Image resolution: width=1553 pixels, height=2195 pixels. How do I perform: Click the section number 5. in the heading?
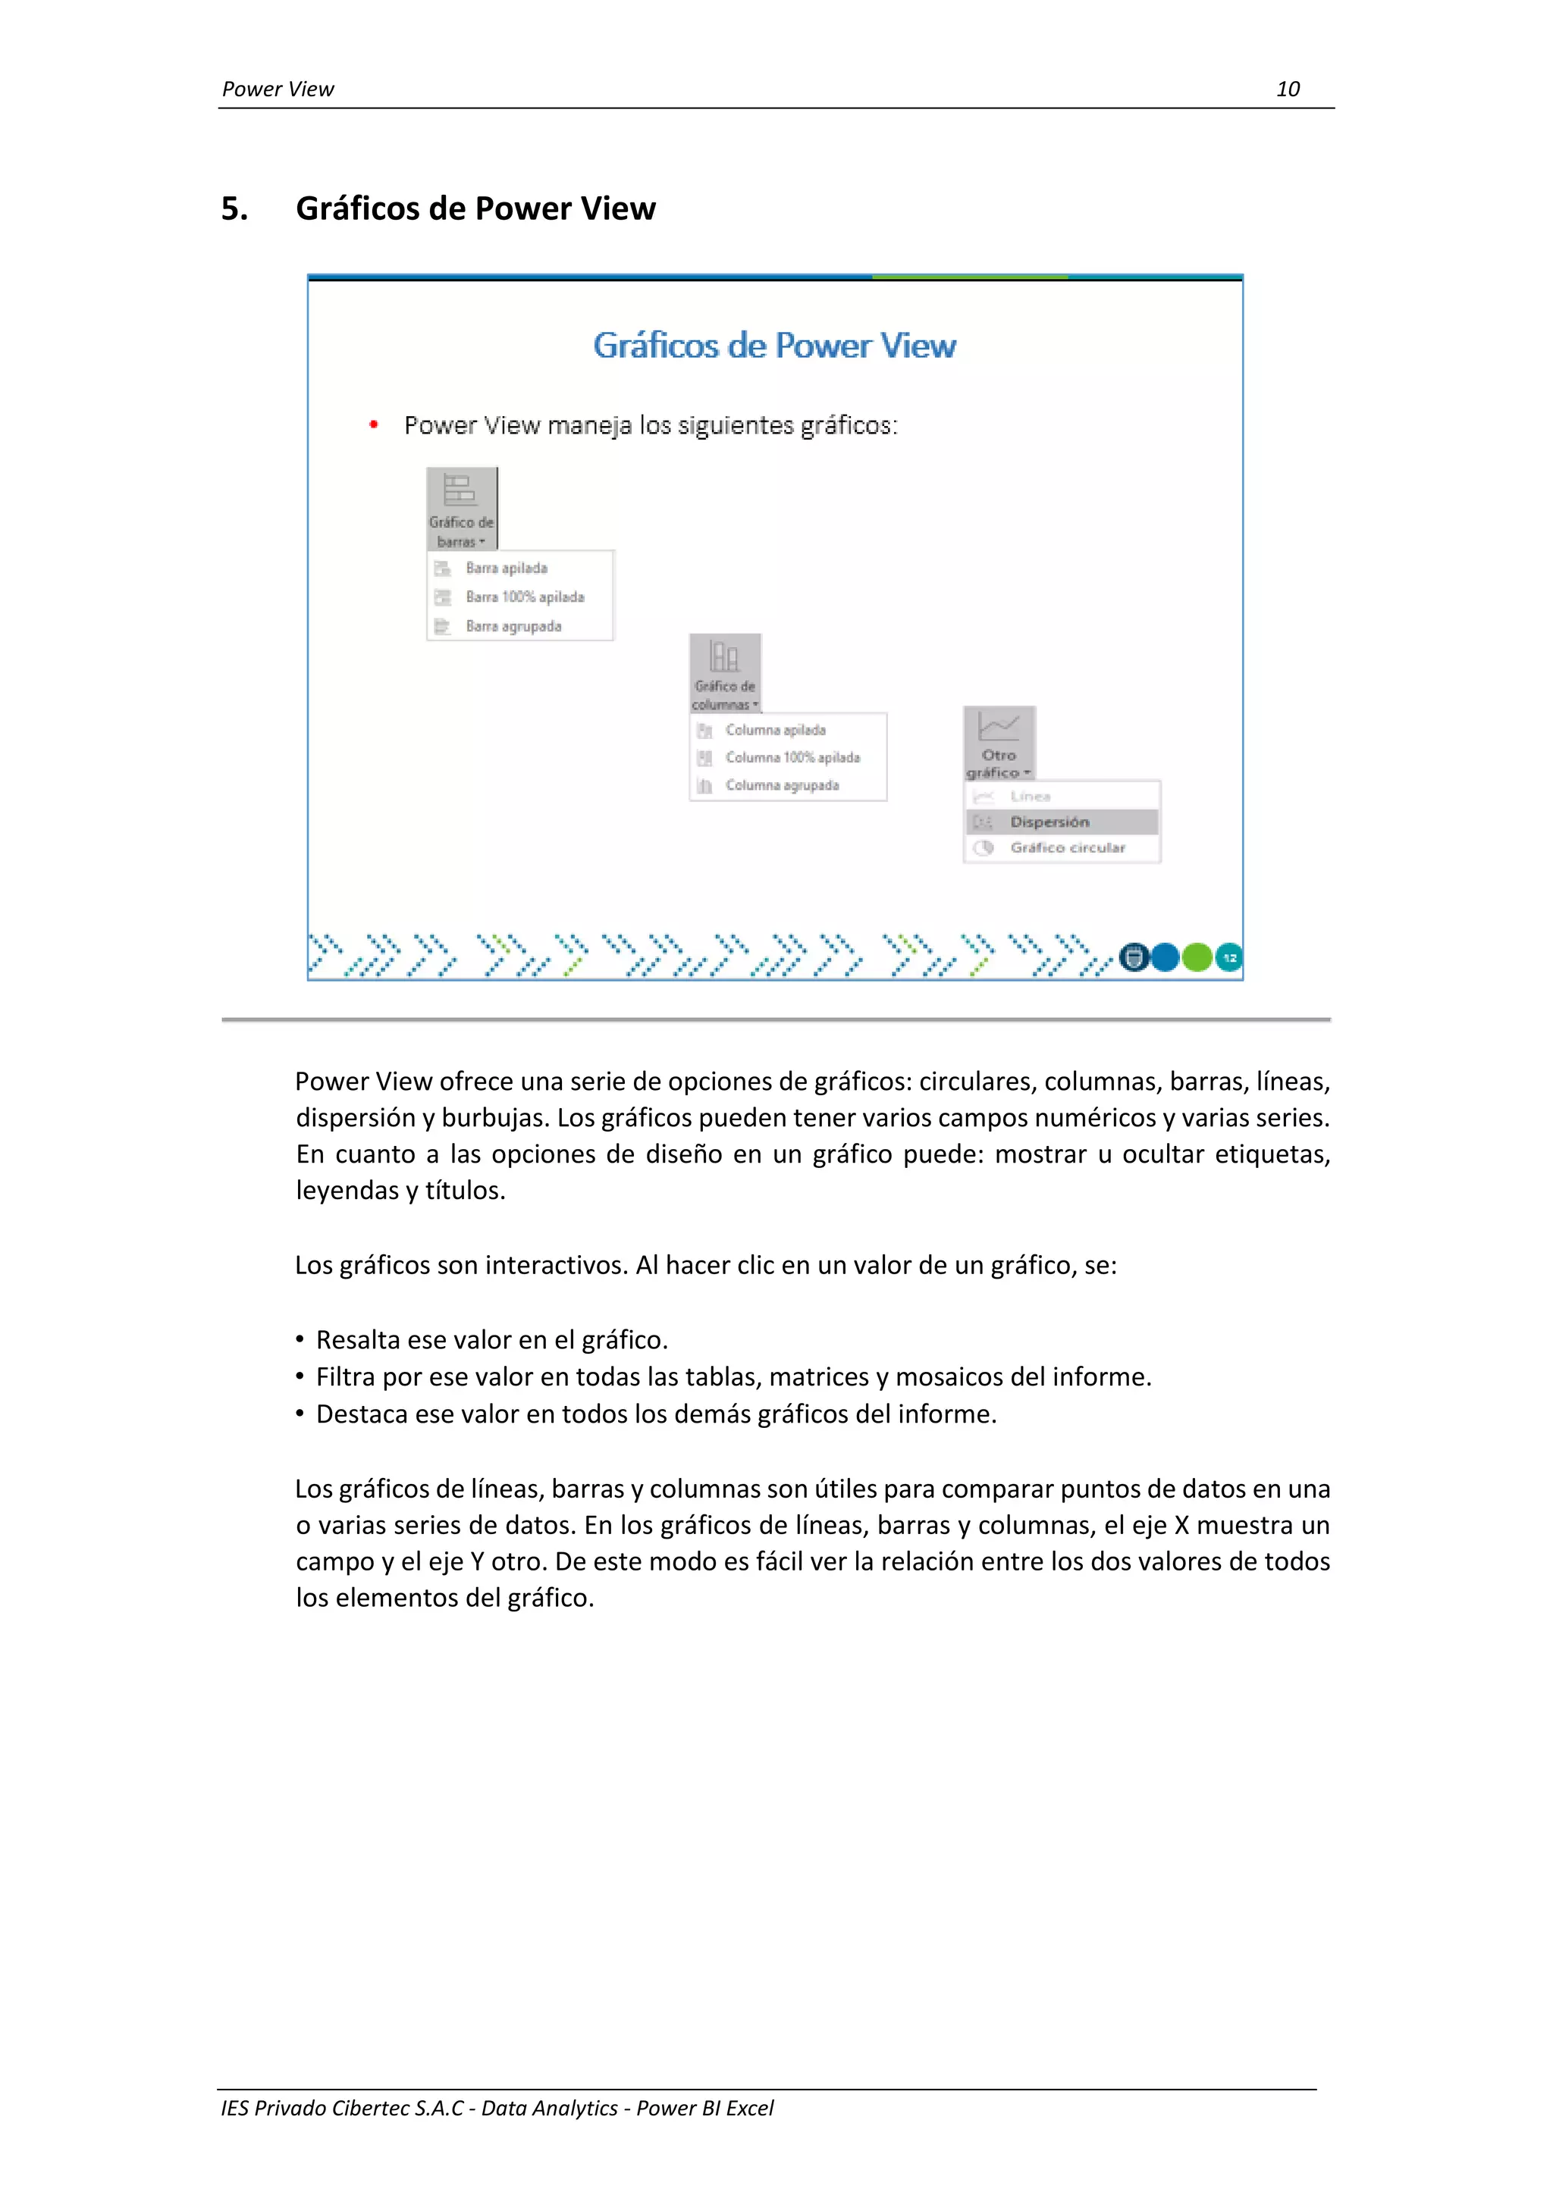pyautogui.click(x=234, y=208)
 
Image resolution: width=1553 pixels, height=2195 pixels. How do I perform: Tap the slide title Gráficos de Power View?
pyautogui.click(x=773, y=345)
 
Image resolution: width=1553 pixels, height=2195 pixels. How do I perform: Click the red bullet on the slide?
pyautogui.click(x=374, y=424)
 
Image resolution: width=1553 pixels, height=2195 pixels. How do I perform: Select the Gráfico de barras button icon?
pyautogui.click(x=460, y=490)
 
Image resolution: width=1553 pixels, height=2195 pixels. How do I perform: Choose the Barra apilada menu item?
pyautogui.click(x=506, y=568)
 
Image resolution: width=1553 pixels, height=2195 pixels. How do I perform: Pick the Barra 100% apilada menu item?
pyautogui.click(x=524, y=597)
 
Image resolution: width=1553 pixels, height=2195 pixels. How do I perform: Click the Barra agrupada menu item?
pyautogui.click(x=513, y=626)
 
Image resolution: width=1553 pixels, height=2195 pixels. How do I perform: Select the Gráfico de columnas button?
pyautogui.click(x=725, y=672)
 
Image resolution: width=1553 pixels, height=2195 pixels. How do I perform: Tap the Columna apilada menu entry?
pyautogui.click(x=774, y=729)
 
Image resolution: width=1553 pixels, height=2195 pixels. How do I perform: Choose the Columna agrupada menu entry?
pyautogui.click(x=781, y=785)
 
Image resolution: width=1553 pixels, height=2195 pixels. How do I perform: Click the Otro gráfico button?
pyautogui.click(x=999, y=743)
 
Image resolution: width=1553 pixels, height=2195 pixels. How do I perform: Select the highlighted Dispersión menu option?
pyautogui.click(x=1049, y=821)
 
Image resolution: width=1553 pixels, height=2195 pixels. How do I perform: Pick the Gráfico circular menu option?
pyautogui.click(x=1066, y=847)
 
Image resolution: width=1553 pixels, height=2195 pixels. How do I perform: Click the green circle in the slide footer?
pyautogui.click(x=1197, y=957)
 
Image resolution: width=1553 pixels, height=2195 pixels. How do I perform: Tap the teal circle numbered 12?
pyautogui.click(x=1228, y=957)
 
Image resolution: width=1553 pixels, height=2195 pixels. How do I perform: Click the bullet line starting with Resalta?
pyautogui.click(x=491, y=1339)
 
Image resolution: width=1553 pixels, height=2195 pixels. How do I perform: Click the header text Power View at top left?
pyautogui.click(x=278, y=89)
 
